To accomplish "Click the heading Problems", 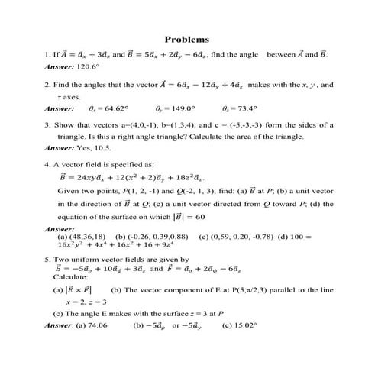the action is tap(187, 40).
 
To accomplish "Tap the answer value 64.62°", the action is tap(114, 108).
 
